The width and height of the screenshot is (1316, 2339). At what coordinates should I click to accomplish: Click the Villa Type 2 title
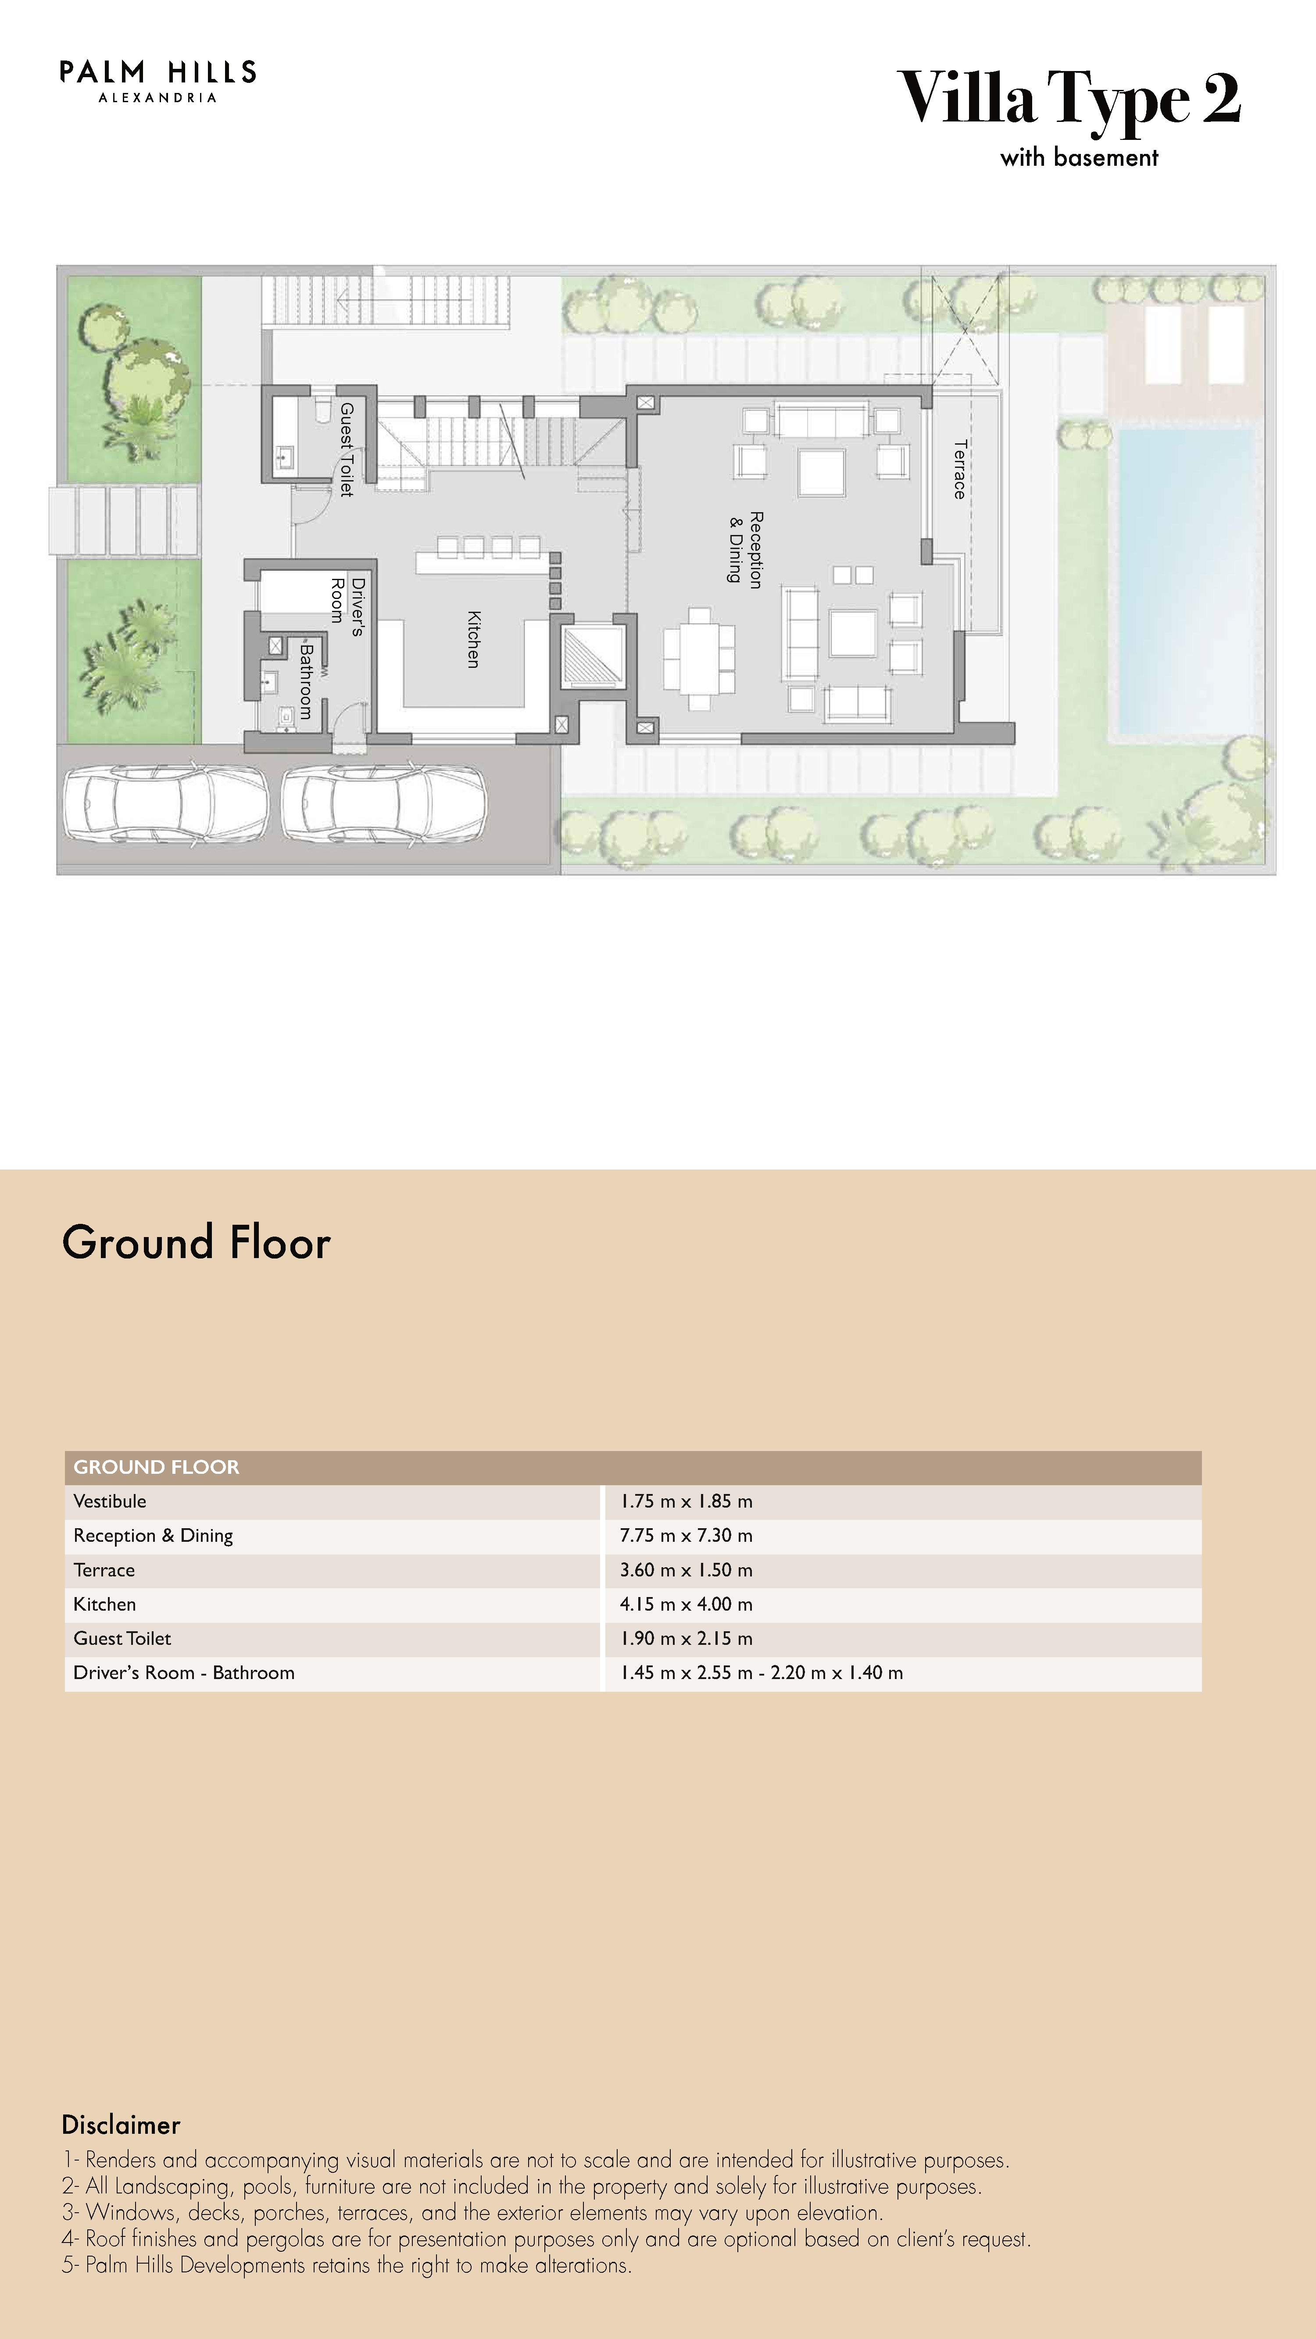[x=1069, y=98]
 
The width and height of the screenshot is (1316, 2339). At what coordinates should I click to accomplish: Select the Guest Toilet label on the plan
[x=346, y=449]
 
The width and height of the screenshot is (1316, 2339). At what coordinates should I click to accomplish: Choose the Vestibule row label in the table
[x=110, y=1501]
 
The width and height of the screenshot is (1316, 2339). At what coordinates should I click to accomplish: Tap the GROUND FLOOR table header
[x=156, y=1466]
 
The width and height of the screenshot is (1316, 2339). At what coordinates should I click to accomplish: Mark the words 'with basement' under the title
[x=1079, y=157]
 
